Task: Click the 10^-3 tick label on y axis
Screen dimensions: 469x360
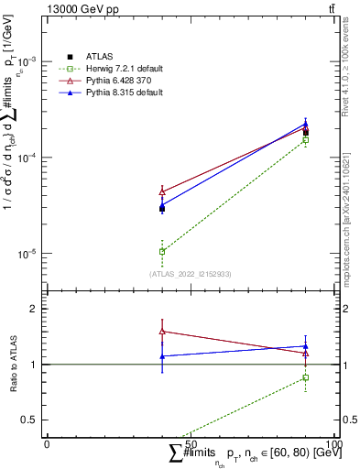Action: pyautogui.click(x=30, y=61)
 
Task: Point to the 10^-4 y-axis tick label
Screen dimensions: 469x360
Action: pyautogui.click(x=30, y=158)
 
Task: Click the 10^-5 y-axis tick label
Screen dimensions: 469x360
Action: pyautogui.click(x=30, y=254)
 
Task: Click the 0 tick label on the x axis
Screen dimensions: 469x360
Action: pyautogui.click(x=47, y=443)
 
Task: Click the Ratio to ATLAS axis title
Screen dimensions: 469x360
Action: pyautogui.click(x=12, y=364)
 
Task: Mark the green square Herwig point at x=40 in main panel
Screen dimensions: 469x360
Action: pyautogui.click(x=162, y=251)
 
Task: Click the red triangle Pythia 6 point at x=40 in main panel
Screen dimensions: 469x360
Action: pyautogui.click(x=162, y=191)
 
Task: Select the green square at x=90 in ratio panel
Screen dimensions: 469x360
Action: pyautogui.click(x=305, y=377)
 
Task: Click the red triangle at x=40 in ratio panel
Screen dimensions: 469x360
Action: pyautogui.click(x=162, y=331)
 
